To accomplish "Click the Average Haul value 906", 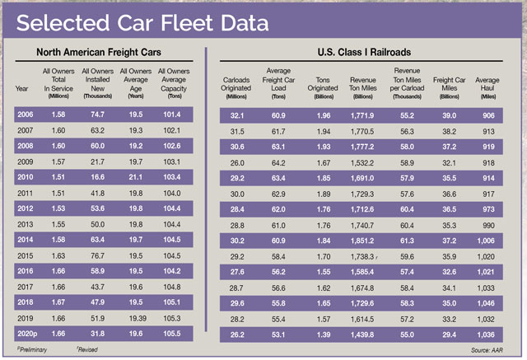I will click(x=488, y=115).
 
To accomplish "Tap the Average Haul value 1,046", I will click(x=488, y=302).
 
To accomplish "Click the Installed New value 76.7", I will click(x=97, y=255).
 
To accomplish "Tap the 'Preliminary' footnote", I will click(x=33, y=350).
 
